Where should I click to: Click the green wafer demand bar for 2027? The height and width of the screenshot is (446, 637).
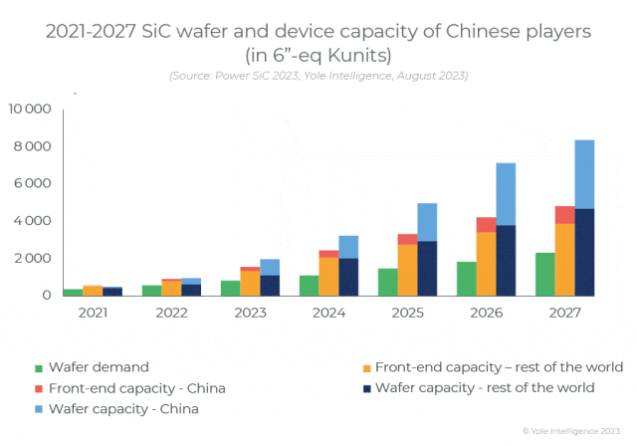545,274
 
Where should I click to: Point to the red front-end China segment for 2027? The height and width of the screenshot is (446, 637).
564,215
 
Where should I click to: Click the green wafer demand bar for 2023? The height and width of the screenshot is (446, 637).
231,288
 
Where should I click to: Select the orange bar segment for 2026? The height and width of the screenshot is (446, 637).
486,263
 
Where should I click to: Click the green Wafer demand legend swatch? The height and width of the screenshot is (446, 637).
39,367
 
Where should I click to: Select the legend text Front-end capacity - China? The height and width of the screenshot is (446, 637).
150,388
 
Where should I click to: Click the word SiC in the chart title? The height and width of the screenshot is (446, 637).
176,31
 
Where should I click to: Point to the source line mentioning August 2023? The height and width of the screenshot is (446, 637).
318,75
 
